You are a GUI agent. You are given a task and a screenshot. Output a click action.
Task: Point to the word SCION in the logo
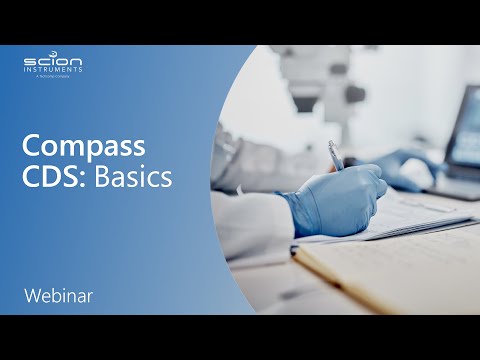pyautogui.click(x=53, y=62)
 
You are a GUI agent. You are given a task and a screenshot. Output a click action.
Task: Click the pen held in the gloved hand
pyautogui.click(x=336, y=156)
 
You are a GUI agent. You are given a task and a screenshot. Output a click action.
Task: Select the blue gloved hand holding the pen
pyautogui.click(x=335, y=200)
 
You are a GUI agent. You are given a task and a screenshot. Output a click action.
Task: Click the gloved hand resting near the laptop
pyautogui.click(x=410, y=168)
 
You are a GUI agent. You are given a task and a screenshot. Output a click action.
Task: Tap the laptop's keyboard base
pyautogui.click(x=455, y=185)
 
